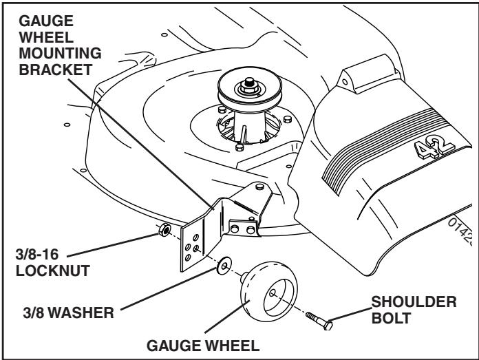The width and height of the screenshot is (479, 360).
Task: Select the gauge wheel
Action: pos(264,295)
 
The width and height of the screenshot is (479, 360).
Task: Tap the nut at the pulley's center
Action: pos(246,86)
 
